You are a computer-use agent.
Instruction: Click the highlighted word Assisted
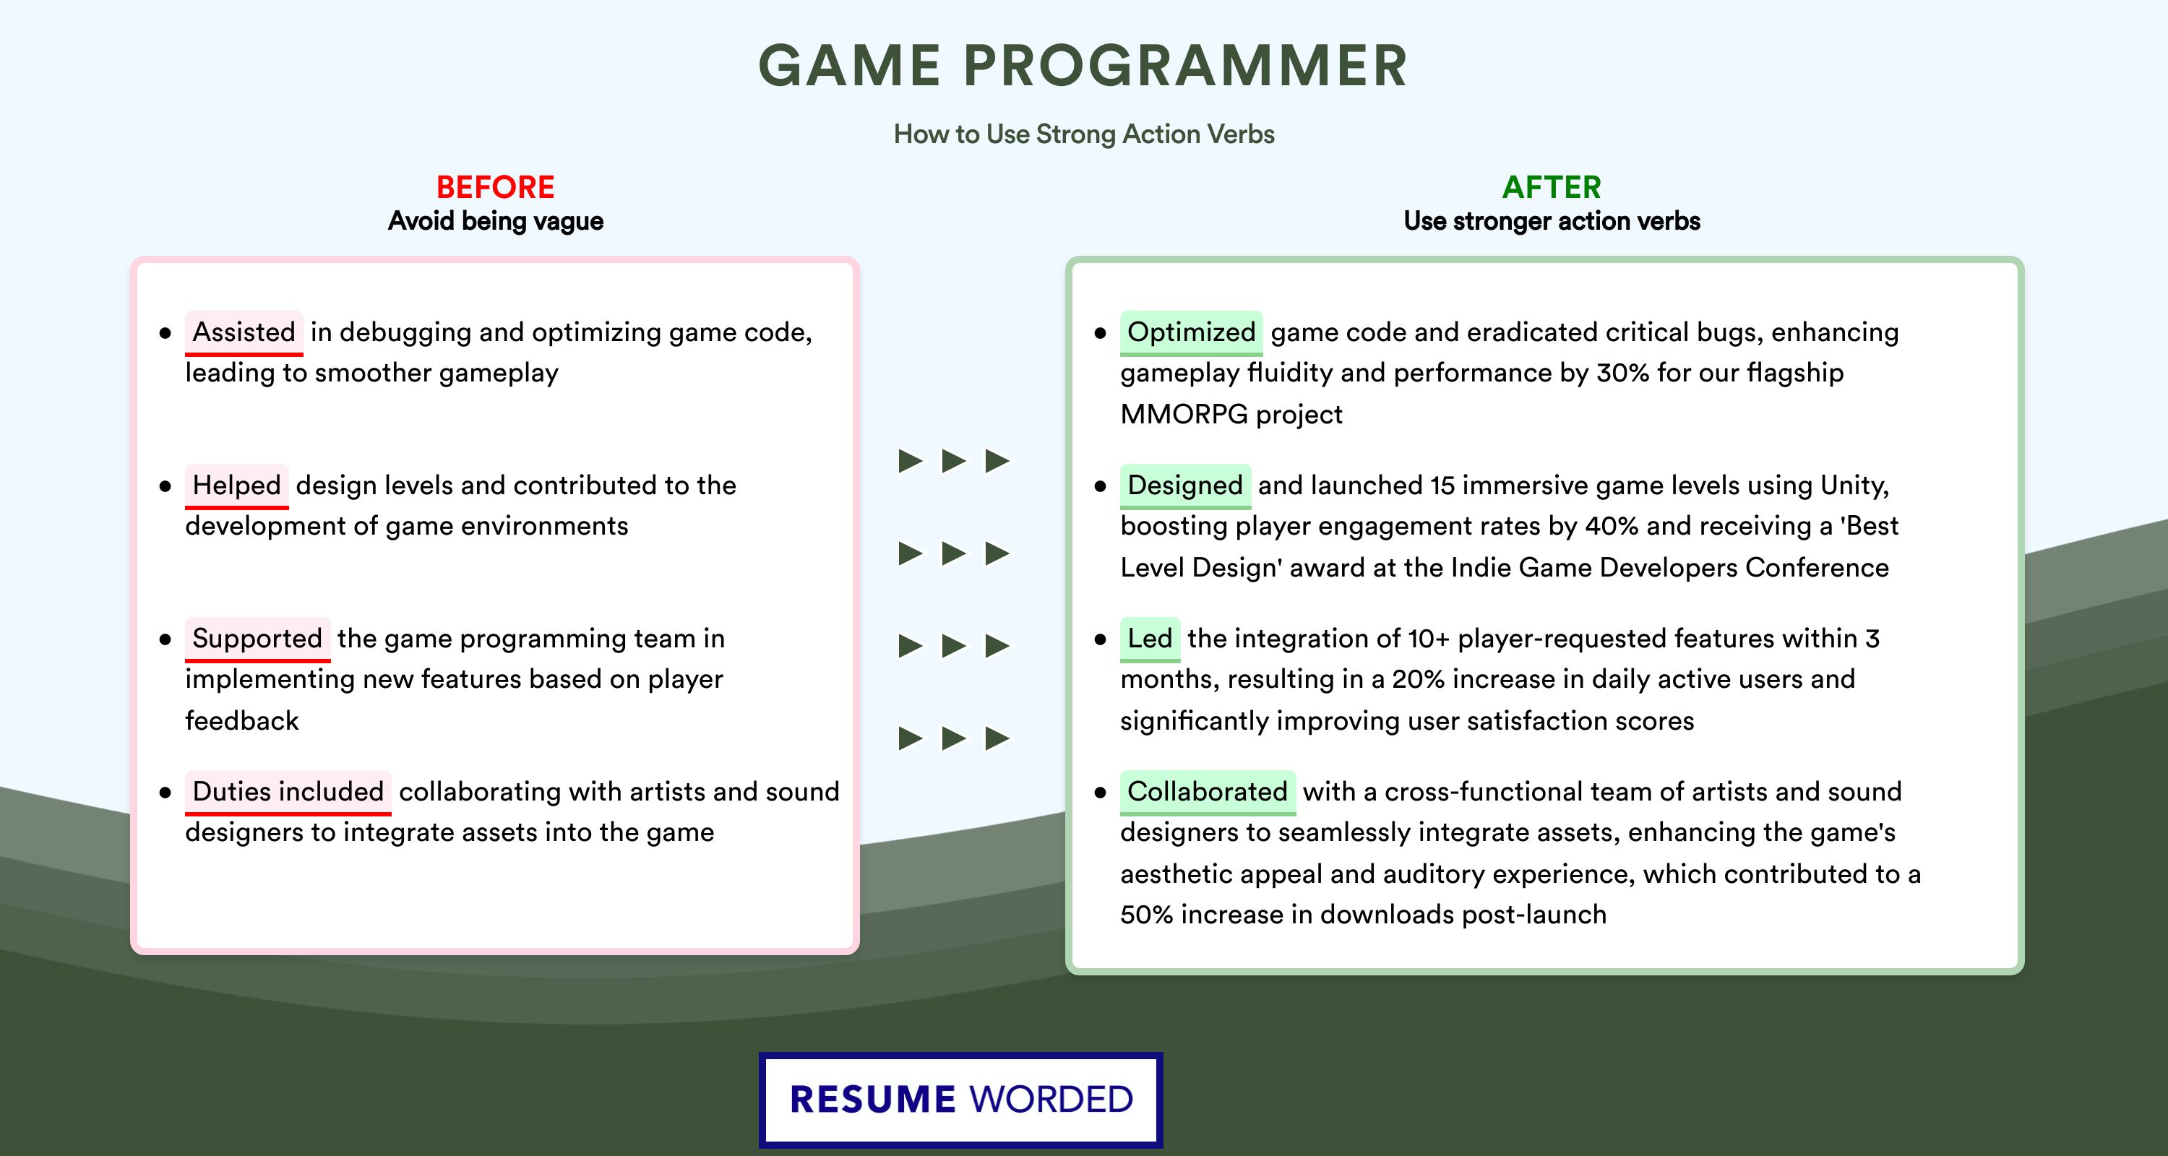coord(244,332)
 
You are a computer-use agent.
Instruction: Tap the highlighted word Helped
coord(236,486)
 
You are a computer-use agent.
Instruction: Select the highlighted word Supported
coord(257,639)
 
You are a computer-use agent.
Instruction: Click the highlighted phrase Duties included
coord(288,792)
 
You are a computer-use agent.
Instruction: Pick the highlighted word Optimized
coord(1191,332)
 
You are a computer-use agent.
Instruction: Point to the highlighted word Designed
coord(1185,486)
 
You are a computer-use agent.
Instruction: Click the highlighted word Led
coord(1150,639)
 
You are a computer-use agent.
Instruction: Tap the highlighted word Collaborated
coord(1208,792)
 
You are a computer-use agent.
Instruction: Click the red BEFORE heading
coord(496,187)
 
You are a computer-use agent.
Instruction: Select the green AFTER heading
coord(1552,187)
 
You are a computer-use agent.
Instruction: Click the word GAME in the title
coord(849,66)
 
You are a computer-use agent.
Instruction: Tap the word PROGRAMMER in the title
coord(1185,66)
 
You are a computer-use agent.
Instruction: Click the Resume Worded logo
coord(961,1100)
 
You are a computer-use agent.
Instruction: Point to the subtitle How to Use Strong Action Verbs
coord(1084,134)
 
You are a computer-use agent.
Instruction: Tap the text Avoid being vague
coord(496,221)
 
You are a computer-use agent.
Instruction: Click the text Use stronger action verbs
coord(1552,221)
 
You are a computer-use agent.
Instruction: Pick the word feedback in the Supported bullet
coord(241,721)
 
